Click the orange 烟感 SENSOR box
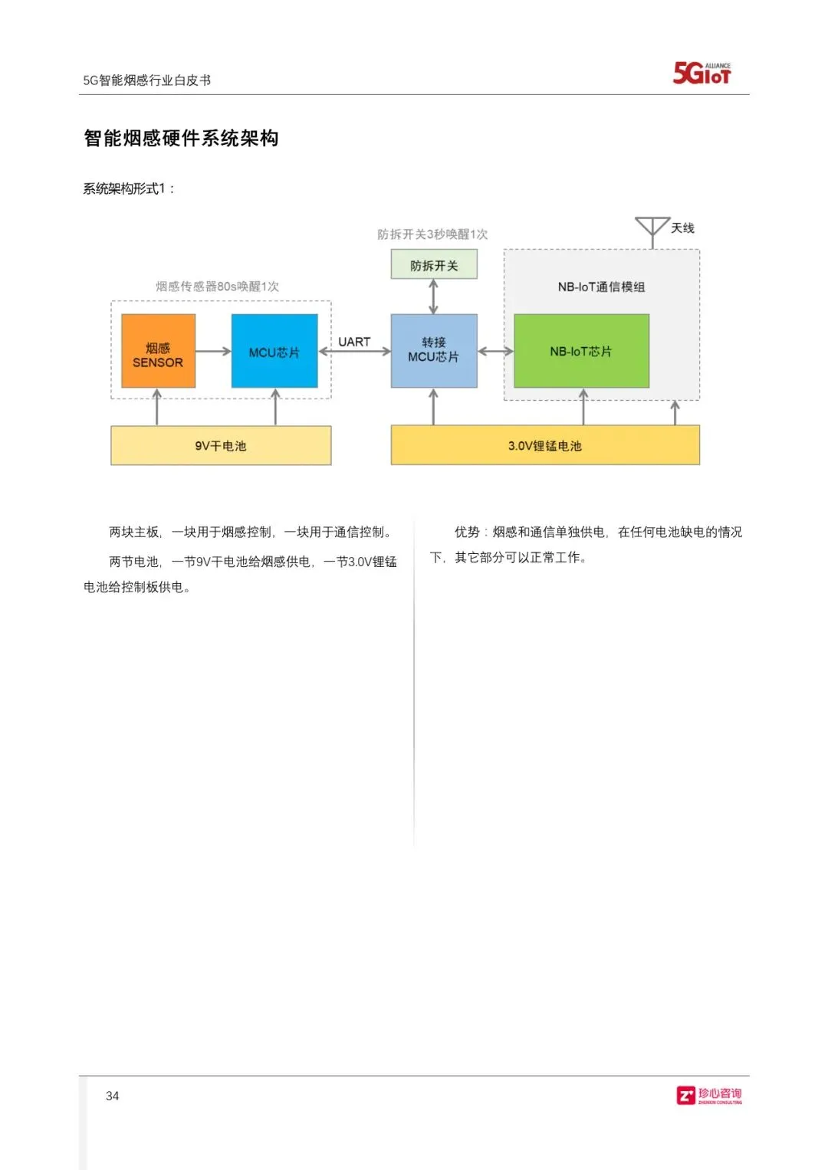click(x=158, y=351)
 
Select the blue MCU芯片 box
click(x=274, y=351)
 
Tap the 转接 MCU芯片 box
click(x=434, y=351)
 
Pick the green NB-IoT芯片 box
click(x=581, y=351)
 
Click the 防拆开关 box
click(x=434, y=265)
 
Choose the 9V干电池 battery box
click(x=221, y=445)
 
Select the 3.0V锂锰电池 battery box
click(x=545, y=445)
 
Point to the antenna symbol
click(x=652, y=229)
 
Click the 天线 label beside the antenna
click(x=682, y=228)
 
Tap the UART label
click(x=354, y=342)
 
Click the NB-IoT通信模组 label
click(x=601, y=287)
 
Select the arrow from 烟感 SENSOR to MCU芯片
click(x=213, y=352)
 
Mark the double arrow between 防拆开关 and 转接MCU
click(x=434, y=297)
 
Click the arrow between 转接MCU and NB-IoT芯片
click(x=495, y=352)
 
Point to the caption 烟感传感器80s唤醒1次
click(x=218, y=287)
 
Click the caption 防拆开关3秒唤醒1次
click(x=432, y=234)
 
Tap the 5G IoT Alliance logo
click(x=701, y=73)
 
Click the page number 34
click(x=113, y=1096)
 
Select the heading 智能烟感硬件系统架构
click(x=181, y=138)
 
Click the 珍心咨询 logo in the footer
click(x=709, y=1096)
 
